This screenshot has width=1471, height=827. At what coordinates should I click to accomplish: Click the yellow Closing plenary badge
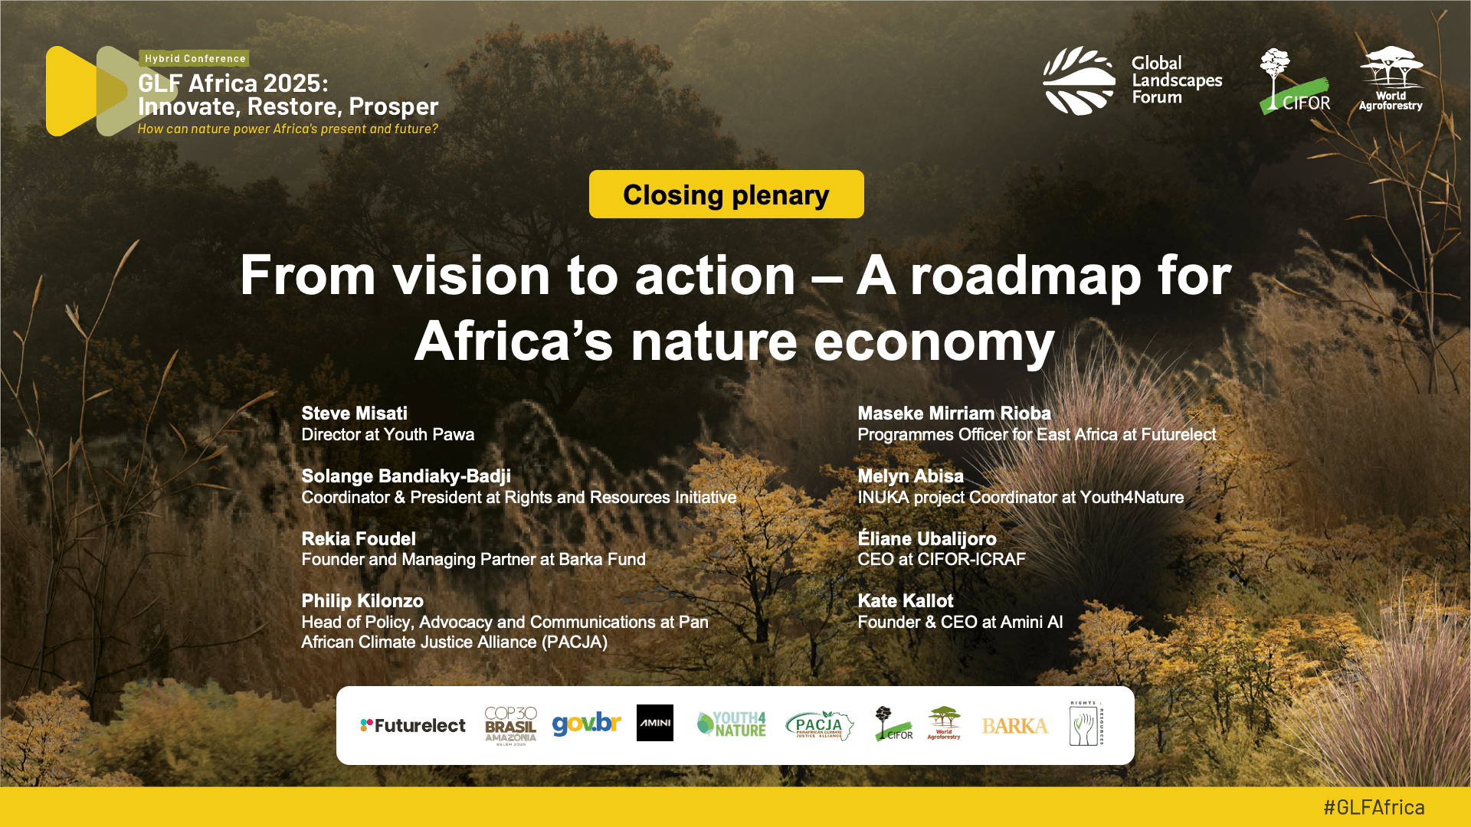coord(726,194)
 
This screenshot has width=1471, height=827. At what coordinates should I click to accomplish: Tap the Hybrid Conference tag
coord(195,58)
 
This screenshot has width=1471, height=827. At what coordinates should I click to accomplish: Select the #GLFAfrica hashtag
coord(1374,807)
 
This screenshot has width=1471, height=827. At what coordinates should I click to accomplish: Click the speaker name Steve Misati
coord(354,413)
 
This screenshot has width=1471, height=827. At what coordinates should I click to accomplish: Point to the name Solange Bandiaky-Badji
coord(406,476)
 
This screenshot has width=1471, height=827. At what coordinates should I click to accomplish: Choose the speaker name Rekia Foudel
coord(359,539)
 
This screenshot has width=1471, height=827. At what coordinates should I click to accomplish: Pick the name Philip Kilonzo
coord(362,601)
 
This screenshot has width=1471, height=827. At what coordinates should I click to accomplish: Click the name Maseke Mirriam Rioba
coord(954,413)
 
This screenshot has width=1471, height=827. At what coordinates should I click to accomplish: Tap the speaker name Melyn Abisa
coord(910,476)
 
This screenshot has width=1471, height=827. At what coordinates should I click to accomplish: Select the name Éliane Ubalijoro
coord(927,538)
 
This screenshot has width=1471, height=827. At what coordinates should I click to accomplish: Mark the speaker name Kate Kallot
coord(906,601)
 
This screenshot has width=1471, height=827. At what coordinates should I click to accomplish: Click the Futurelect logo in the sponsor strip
coord(413,725)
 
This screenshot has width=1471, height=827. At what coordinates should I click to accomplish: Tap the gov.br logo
coord(586,724)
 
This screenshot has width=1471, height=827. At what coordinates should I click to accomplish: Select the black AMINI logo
coord(655,723)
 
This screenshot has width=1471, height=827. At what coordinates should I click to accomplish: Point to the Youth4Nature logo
coord(732,724)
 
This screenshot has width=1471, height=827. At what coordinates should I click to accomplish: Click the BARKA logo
coord(1015,726)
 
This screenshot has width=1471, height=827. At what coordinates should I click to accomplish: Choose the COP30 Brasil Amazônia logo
coord(511,725)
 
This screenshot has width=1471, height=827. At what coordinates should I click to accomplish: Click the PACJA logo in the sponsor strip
coord(819,724)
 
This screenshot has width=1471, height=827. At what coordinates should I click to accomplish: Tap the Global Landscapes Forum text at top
coord(1177,80)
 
